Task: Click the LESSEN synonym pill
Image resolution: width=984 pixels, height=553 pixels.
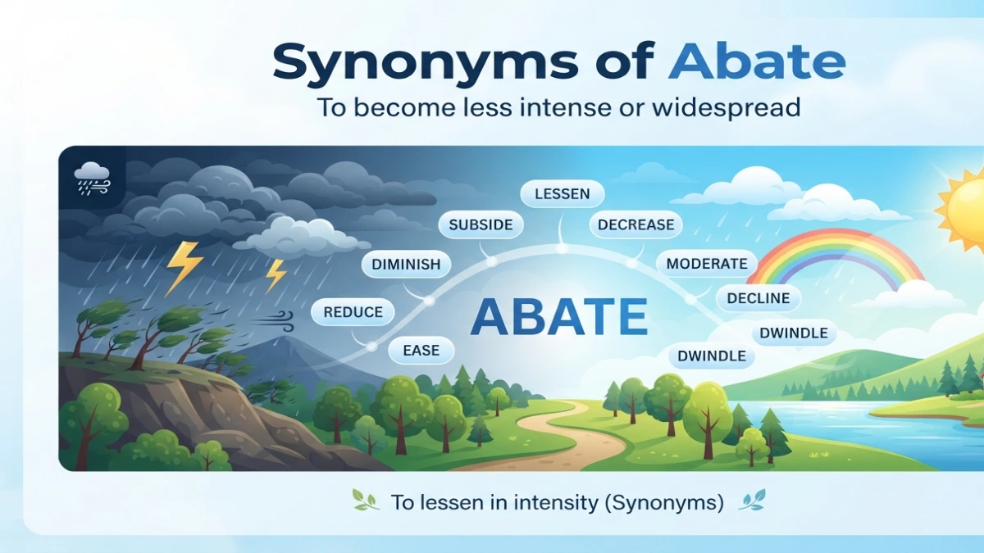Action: (563, 193)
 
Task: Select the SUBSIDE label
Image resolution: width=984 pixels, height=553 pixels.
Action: (481, 224)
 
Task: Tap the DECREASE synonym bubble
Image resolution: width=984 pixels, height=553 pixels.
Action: (635, 224)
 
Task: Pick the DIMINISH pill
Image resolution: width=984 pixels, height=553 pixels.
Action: (406, 264)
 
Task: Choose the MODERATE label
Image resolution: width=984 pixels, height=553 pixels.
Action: (707, 263)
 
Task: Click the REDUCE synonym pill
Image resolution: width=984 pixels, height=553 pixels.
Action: (353, 312)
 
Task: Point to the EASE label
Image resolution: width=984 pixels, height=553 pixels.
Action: (421, 351)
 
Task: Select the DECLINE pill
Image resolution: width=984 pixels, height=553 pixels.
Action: (758, 298)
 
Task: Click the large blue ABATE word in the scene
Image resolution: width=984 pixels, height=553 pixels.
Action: (558, 316)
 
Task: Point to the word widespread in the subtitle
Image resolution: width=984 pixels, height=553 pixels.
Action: (726, 107)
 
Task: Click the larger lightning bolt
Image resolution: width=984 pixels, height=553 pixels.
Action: (184, 268)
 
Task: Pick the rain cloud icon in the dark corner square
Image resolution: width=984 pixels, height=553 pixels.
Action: (92, 179)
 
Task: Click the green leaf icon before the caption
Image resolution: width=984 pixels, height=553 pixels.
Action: (366, 501)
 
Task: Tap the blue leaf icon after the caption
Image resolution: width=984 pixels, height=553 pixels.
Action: (752, 500)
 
